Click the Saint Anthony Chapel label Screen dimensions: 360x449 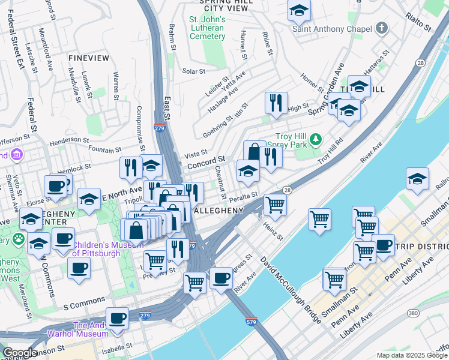[331, 29]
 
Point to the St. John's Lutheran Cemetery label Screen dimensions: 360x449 [207, 28]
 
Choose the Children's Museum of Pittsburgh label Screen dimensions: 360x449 [96, 249]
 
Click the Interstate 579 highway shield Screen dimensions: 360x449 [252, 322]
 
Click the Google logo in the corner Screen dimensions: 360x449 [19, 353]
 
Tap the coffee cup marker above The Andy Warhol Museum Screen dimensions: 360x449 [118, 318]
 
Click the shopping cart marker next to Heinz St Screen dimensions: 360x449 [275, 205]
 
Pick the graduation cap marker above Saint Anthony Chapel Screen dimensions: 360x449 [299, 10]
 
